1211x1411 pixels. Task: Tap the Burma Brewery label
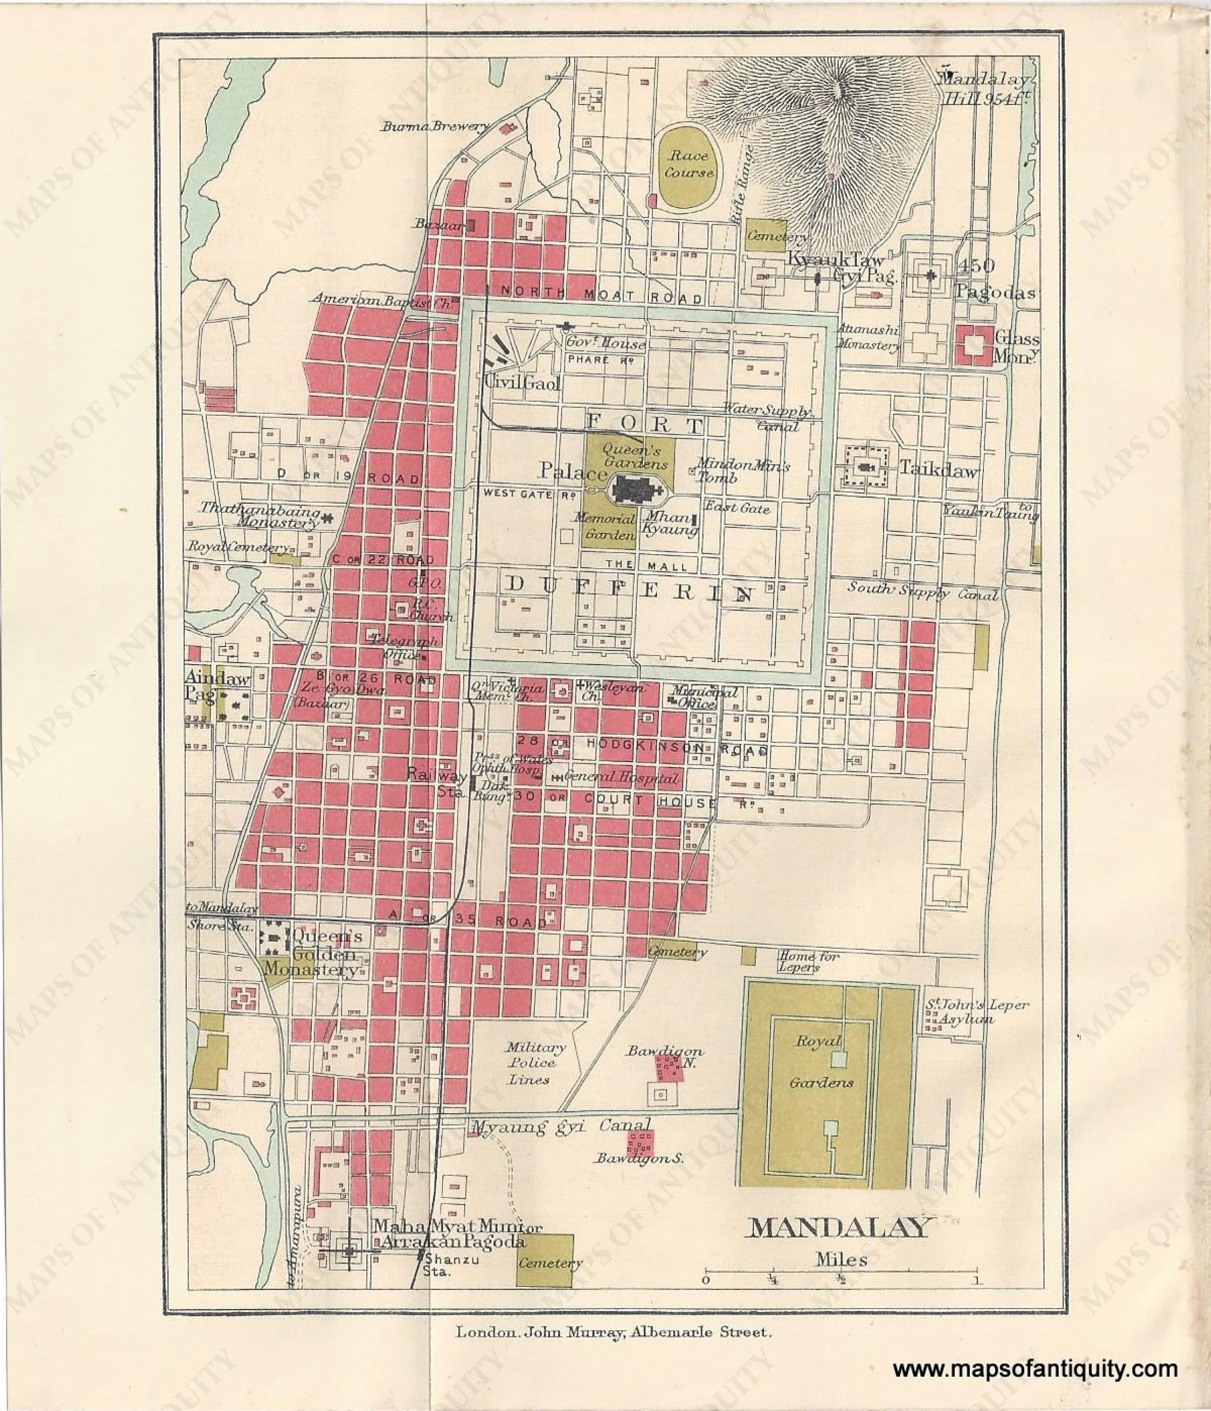click(436, 127)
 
